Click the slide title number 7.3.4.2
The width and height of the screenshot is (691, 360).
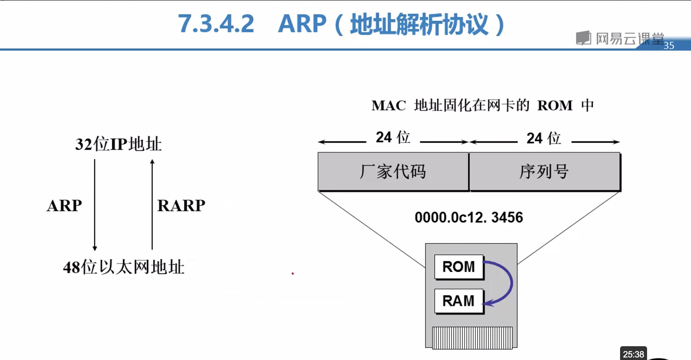[216, 24]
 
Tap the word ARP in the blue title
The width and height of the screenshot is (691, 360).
[302, 24]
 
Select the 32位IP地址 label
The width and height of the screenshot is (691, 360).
[118, 144]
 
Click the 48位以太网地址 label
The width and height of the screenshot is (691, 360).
[124, 267]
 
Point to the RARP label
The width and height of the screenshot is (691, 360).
[181, 206]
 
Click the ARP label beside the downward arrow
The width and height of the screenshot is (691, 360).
[64, 206]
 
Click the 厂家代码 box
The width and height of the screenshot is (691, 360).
[393, 172]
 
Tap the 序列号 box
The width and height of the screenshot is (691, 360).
[544, 172]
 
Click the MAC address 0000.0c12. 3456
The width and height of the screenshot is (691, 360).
[469, 217]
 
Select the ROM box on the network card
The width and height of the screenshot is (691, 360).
[458, 267]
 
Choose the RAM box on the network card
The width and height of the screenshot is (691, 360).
[458, 301]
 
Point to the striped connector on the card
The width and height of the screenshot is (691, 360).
[472, 338]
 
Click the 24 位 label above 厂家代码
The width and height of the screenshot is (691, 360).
[393, 137]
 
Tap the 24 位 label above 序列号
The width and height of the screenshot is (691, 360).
[544, 138]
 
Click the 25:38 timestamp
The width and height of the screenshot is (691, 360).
[633, 354]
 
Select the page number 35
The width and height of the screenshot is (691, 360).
[669, 46]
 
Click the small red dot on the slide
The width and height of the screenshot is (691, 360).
[293, 274]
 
